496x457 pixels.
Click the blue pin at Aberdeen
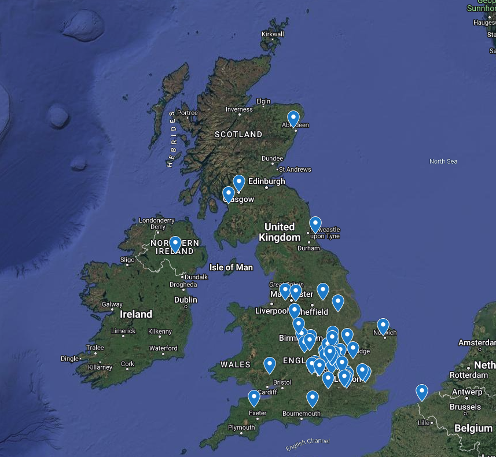click(293, 119)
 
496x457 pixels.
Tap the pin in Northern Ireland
click(175, 244)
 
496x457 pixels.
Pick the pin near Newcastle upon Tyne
click(315, 224)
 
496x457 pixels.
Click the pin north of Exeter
click(253, 398)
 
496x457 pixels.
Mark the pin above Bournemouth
click(313, 399)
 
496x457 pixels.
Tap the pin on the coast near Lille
click(422, 392)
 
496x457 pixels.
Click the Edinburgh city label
click(266, 181)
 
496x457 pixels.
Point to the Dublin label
click(185, 300)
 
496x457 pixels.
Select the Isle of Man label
click(231, 267)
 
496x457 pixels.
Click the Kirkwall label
click(273, 34)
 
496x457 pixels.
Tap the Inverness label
click(239, 109)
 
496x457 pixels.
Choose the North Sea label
click(443, 161)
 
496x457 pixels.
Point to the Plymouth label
click(241, 427)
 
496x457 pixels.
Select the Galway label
click(112, 304)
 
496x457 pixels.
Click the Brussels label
click(465, 407)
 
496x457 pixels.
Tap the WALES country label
click(235, 364)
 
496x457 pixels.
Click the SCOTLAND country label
click(238, 134)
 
